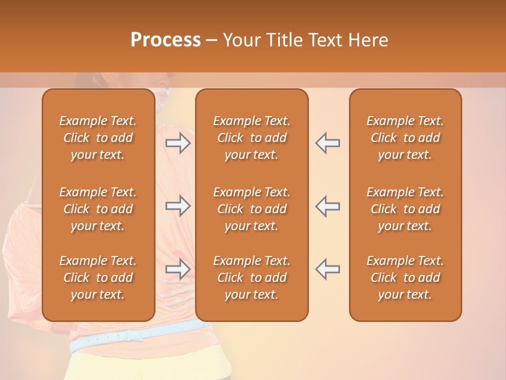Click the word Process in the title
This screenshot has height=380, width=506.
pyautogui.click(x=166, y=40)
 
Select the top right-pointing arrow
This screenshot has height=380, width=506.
pyautogui.click(x=178, y=143)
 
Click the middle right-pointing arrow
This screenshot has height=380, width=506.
pyautogui.click(x=178, y=206)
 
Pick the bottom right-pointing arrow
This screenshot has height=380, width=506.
pyautogui.click(x=178, y=269)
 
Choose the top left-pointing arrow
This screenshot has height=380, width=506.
pyautogui.click(x=328, y=143)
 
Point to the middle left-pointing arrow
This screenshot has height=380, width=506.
pyautogui.click(x=328, y=206)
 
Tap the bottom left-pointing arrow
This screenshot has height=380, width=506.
pyautogui.click(x=328, y=269)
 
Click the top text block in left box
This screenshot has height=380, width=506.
pyautogui.click(x=98, y=138)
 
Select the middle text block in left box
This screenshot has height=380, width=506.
pyautogui.click(x=98, y=209)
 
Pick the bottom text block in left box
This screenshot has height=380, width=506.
pyautogui.click(x=98, y=278)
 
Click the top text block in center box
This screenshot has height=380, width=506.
pyautogui.click(x=251, y=138)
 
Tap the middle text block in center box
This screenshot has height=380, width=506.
pyautogui.click(x=251, y=209)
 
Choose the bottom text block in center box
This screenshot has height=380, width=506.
pyautogui.click(x=251, y=278)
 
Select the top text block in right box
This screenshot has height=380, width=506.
pyautogui.click(x=405, y=138)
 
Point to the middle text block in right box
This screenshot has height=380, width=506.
pyautogui.click(x=405, y=209)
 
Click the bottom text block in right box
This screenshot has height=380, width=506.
pyautogui.click(x=405, y=278)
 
